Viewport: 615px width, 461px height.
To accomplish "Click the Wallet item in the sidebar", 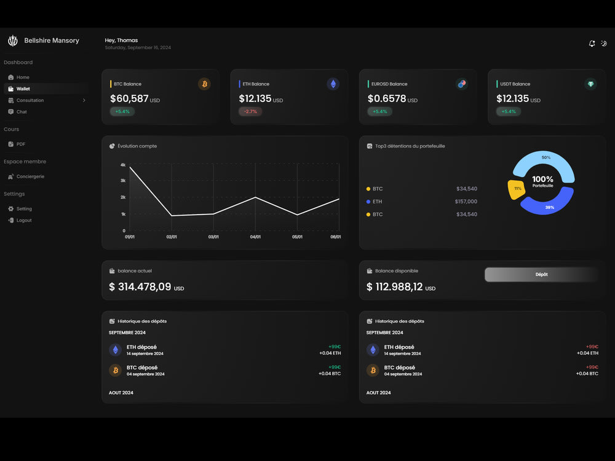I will tap(23, 89).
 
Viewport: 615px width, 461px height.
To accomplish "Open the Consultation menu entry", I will tap(30, 100).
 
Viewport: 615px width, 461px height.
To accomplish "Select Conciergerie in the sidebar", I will tap(30, 176).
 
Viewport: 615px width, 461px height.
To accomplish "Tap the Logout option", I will tap(24, 220).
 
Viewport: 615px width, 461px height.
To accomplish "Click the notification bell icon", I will tap(592, 44).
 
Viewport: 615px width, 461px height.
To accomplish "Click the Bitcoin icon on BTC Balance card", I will tap(204, 84).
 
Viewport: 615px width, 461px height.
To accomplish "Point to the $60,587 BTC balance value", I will tap(130, 98).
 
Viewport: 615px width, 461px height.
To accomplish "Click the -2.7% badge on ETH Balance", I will tap(250, 111).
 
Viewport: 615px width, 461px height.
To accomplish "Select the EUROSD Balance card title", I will tap(389, 84).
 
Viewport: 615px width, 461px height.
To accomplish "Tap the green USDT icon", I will tap(590, 84).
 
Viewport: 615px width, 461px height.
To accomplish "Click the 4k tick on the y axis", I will tap(123, 165).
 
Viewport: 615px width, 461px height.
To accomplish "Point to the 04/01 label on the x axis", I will tap(255, 237).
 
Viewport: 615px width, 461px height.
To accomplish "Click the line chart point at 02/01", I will tap(172, 216).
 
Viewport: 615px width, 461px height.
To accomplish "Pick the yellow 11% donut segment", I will tap(516, 189).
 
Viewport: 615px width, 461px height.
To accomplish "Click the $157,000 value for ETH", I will tap(466, 202).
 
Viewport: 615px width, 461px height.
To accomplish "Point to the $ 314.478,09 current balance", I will tap(140, 287).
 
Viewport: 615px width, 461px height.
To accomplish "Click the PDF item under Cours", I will tap(21, 144).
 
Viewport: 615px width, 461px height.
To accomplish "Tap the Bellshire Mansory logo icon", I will tap(12, 41).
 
